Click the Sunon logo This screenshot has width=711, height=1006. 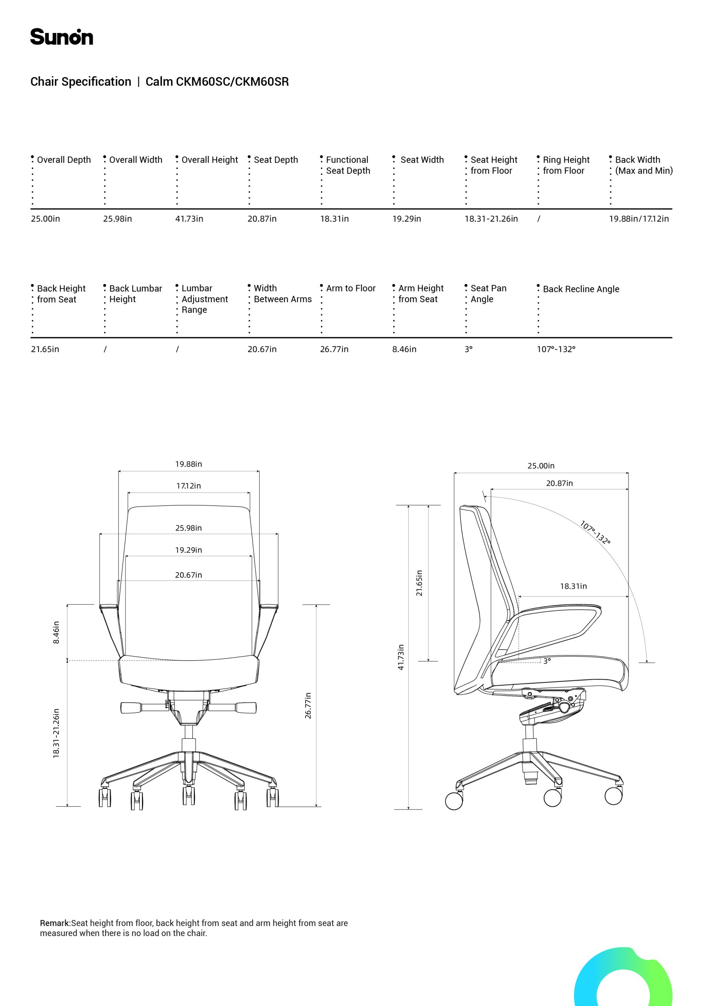(x=61, y=37)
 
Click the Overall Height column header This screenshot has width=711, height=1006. (x=209, y=160)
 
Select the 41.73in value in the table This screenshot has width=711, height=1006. (x=189, y=218)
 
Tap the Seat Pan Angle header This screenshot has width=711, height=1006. (x=488, y=294)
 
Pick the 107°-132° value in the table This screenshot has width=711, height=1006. (x=556, y=349)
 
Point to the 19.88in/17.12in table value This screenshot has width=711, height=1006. (x=639, y=218)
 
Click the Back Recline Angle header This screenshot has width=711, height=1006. (x=581, y=289)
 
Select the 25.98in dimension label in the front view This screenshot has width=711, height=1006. (x=189, y=528)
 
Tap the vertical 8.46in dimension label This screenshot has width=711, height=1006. (x=56, y=632)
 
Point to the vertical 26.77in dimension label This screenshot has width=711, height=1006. (x=308, y=705)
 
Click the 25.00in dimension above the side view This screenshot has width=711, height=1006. (x=541, y=466)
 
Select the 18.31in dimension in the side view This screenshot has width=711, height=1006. (x=573, y=586)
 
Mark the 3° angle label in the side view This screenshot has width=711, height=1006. (x=547, y=661)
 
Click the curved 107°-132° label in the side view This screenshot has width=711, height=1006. (x=595, y=532)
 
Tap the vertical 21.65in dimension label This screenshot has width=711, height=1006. (x=419, y=583)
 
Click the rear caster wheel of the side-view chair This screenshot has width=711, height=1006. (x=454, y=801)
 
